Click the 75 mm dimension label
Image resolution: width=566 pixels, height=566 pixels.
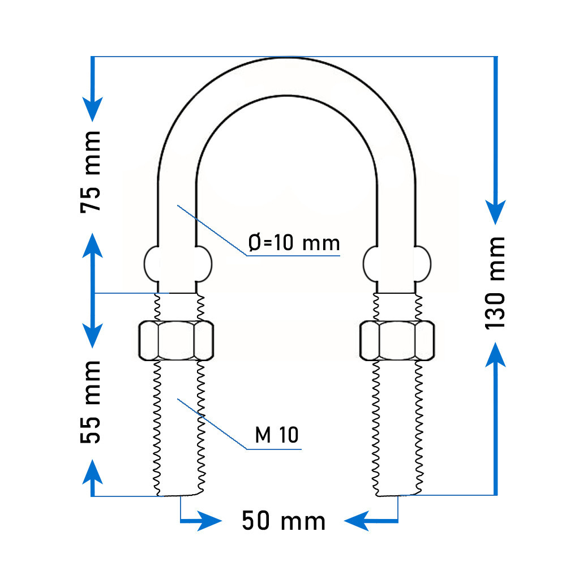(90, 172)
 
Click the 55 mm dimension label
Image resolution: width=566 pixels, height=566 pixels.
(90, 402)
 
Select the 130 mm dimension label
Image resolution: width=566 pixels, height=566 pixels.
(495, 283)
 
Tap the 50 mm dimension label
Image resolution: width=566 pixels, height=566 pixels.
(284, 521)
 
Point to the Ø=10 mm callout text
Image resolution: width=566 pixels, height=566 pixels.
(294, 243)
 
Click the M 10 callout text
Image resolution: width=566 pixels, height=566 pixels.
(277, 435)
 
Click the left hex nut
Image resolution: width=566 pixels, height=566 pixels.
(176, 340)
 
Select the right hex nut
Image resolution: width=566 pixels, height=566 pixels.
(397, 340)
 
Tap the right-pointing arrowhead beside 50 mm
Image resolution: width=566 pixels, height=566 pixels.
(209, 521)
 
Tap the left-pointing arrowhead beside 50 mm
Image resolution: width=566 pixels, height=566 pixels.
(357, 521)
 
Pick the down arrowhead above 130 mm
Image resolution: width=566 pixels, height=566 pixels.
(496, 212)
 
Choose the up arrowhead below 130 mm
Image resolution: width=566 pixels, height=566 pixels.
(496, 354)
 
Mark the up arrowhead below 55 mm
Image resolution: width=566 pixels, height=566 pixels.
(93, 471)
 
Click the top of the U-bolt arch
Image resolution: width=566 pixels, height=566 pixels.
(286, 58)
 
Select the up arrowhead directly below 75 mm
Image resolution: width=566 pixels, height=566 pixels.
(93, 246)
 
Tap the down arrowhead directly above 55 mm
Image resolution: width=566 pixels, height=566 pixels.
(93, 336)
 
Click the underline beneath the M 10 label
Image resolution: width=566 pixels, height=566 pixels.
(274, 449)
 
